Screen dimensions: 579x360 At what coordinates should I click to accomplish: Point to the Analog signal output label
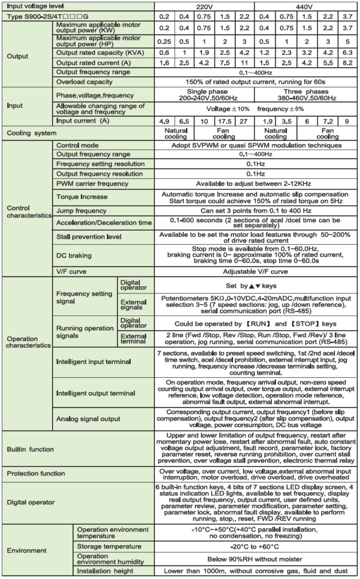(x=88, y=418)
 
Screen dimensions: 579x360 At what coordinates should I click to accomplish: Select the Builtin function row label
(x=29, y=449)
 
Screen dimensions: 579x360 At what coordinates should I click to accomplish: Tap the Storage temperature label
(x=109, y=546)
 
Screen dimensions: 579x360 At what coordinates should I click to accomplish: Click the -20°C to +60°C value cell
(x=255, y=546)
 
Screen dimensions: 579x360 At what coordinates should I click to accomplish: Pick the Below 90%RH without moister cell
(x=255, y=559)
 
